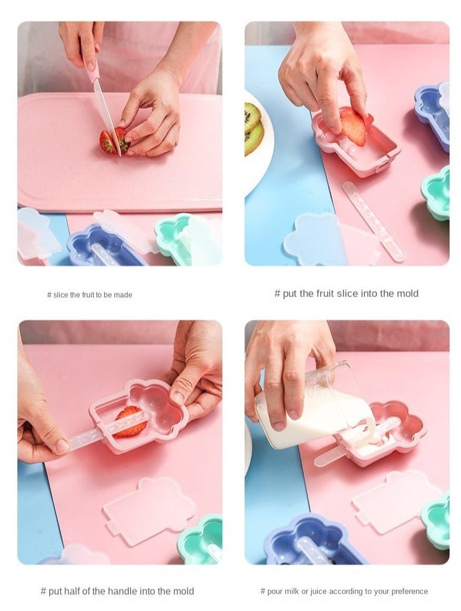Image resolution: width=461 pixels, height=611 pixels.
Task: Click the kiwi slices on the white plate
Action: pyautogui.click(x=254, y=128)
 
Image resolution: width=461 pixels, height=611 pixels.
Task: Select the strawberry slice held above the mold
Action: pyautogui.click(x=353, y=126)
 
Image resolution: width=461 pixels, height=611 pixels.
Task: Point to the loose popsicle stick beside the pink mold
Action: pyautogui.click(x=373, y=220)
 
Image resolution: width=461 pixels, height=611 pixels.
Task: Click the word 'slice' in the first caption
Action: pyautogui.click(x=61, y=295)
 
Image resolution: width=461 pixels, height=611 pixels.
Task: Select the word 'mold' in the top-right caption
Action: pyautogui.click(x=408, y=294)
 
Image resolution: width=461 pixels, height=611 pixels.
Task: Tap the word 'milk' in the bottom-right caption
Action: pyautogui.click(x=292, y=591)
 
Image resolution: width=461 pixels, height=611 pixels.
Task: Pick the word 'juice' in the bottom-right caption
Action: pyautogui.click(x=320, y=591)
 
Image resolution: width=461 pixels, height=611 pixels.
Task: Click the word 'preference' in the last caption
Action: pyautogui.click(x=409, y=591)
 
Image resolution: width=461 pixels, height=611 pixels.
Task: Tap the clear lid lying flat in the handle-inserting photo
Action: pyautogui.click(x=149, y=510)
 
